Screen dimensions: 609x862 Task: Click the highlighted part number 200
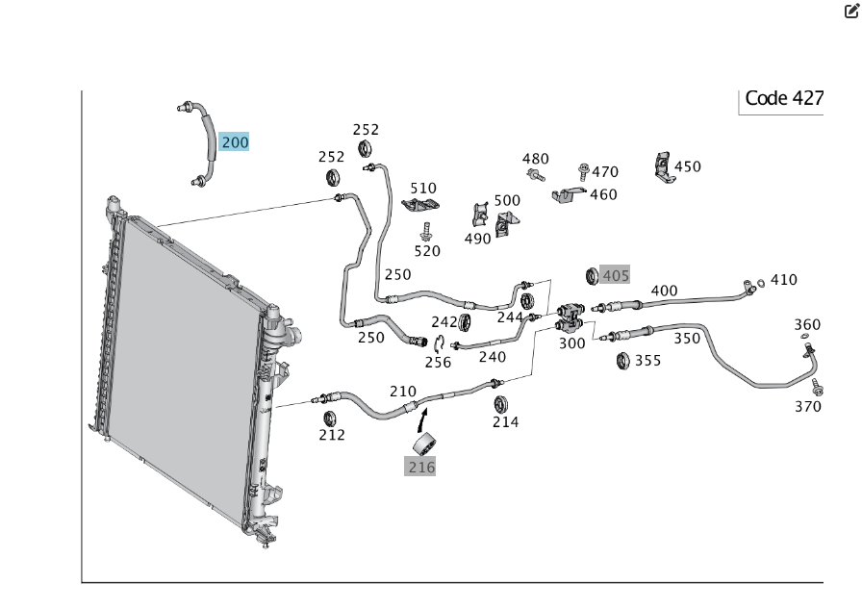(234, 142)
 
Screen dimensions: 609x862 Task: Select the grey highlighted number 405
(615, 275)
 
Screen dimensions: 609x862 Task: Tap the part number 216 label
(421, 467)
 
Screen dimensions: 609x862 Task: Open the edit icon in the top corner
(851, 13)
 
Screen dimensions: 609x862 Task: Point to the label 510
(423, 188)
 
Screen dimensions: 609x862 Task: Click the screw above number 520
(426, 231)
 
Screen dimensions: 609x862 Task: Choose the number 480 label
(536, 159)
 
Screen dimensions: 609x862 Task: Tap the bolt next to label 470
(584, 171)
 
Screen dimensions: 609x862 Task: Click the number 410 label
(784, 280)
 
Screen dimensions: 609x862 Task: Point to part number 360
(807, 324)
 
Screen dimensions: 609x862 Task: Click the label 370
(808, 406)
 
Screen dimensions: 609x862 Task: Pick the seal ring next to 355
(622, 361)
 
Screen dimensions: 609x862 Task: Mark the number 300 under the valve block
(571, 343)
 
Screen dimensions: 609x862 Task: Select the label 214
(505, 421)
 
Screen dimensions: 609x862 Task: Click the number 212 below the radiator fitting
(332, 435)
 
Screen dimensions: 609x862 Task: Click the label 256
(438, 362)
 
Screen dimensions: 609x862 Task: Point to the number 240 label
(492, 356)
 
